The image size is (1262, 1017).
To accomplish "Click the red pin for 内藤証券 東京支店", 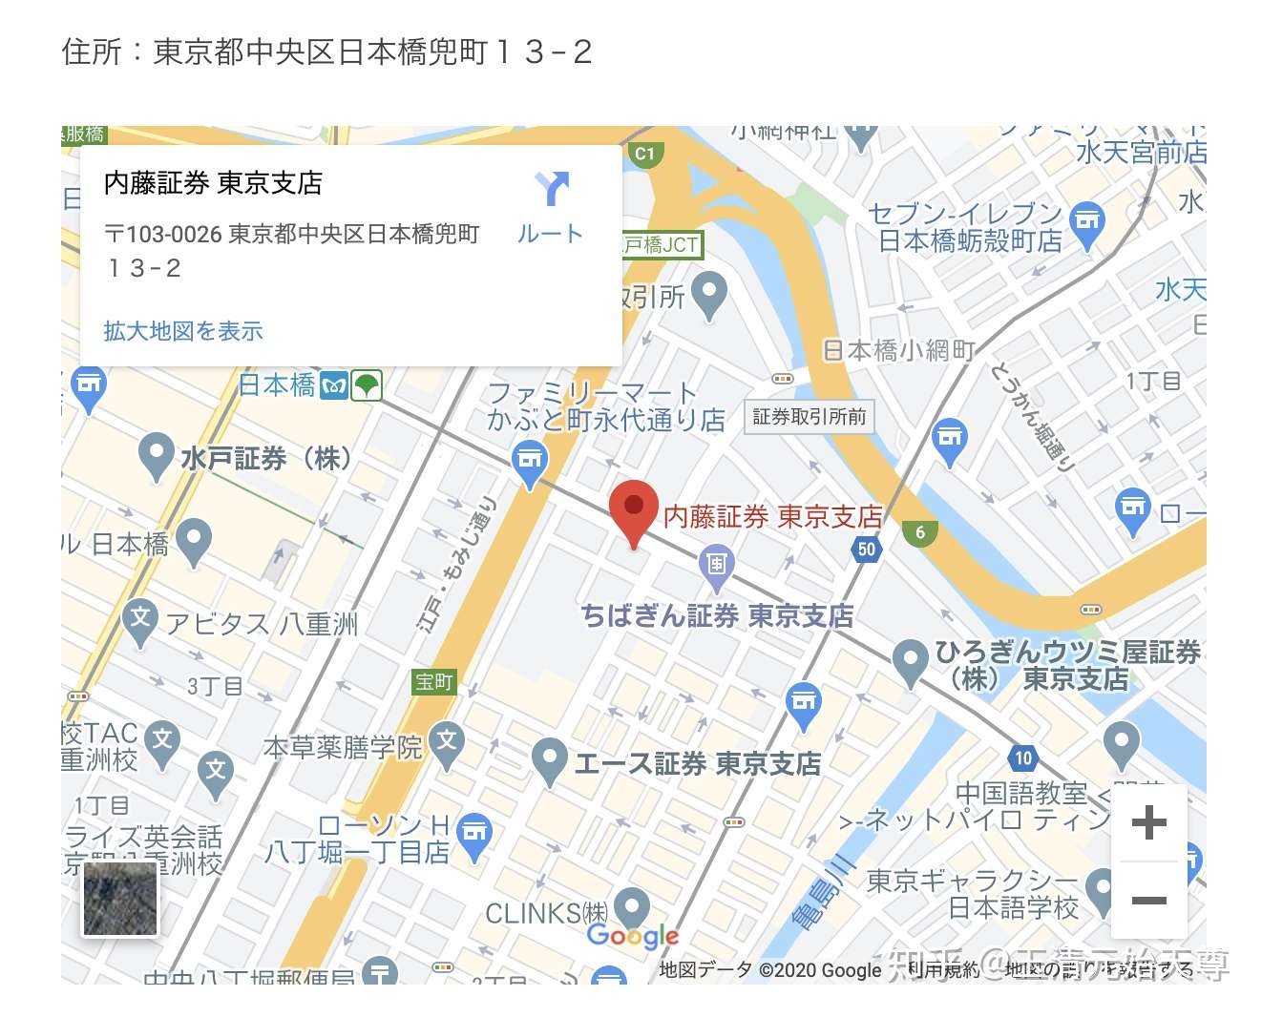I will tap(633, 508).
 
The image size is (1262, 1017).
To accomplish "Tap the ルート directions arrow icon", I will tap(552, 189).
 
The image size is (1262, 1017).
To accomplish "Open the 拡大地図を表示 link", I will tap(183, 331).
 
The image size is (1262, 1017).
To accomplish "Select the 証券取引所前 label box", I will tap(809, 416).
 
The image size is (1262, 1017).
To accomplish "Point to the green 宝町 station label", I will tap(433, 681).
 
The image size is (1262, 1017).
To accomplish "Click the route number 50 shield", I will tap(866, 549).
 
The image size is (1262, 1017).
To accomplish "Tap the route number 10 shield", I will tap(1022, 758).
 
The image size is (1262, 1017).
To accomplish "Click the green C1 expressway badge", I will tap(645, 153).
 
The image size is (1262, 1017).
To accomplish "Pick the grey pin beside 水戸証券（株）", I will tap(155, 455).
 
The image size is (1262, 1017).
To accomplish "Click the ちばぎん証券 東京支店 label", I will tap(717, 615).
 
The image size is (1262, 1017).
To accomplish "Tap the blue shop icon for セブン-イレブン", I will tap(1086, 220).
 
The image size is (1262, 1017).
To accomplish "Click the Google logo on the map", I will tap(633, 936).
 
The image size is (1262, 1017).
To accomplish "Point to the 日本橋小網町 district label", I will tap(898, 351).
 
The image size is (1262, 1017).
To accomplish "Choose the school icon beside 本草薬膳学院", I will tap(447, 740).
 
